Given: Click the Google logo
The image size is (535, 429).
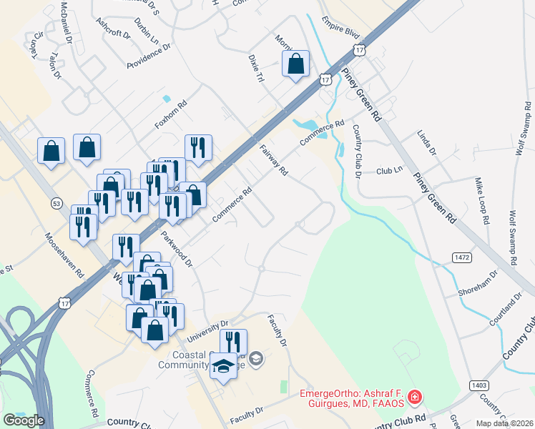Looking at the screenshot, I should pos(23,420).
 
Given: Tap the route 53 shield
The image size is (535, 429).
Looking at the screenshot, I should pos(56,203).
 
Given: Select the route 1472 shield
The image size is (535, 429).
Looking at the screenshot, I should pos(461,255).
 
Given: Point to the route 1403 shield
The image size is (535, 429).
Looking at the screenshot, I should pos(479,385).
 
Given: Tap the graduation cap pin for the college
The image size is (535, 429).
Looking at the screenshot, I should pos(223,365).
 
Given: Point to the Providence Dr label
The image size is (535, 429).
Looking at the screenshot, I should pos(149,56).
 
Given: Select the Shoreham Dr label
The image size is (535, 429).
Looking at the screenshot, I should pos(478,285).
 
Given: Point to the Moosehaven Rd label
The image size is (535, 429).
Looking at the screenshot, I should pos(64,255).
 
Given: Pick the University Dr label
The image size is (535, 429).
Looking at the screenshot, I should pos(207,330).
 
